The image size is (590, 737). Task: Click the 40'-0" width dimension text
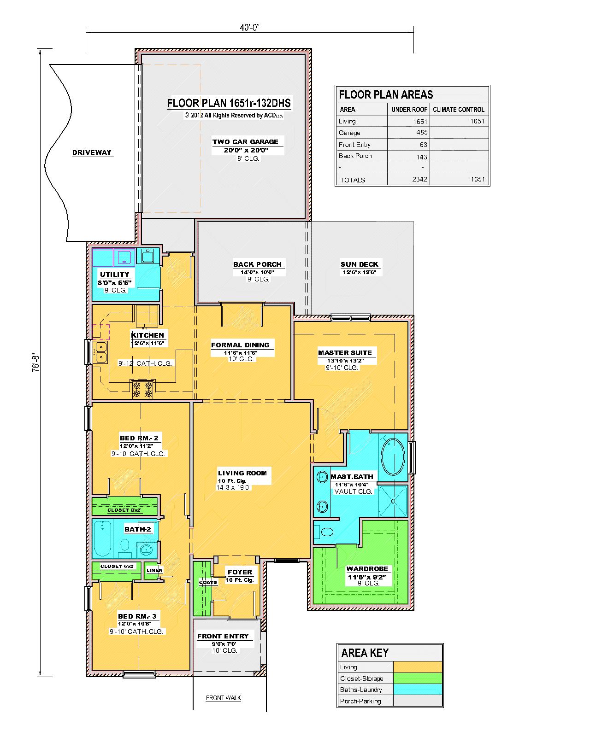249,27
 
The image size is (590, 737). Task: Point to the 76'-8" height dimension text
35,363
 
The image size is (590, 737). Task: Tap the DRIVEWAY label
92,152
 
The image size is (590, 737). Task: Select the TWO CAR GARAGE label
245,142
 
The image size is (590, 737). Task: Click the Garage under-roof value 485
422,132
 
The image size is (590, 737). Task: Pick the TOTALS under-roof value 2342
419,179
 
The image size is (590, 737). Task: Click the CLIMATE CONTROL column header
458,110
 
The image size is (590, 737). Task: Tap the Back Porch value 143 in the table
422,157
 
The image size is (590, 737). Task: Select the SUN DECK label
359,264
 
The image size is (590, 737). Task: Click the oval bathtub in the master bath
393,456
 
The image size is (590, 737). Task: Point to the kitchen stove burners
142,389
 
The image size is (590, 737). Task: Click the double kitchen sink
101,352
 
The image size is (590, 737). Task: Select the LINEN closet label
154,570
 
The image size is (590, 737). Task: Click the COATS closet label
208,582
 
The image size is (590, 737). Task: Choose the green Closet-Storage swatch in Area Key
417,678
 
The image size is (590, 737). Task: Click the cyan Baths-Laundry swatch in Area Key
417,690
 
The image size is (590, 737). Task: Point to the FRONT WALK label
223,697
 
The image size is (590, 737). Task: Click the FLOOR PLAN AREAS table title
386,94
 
